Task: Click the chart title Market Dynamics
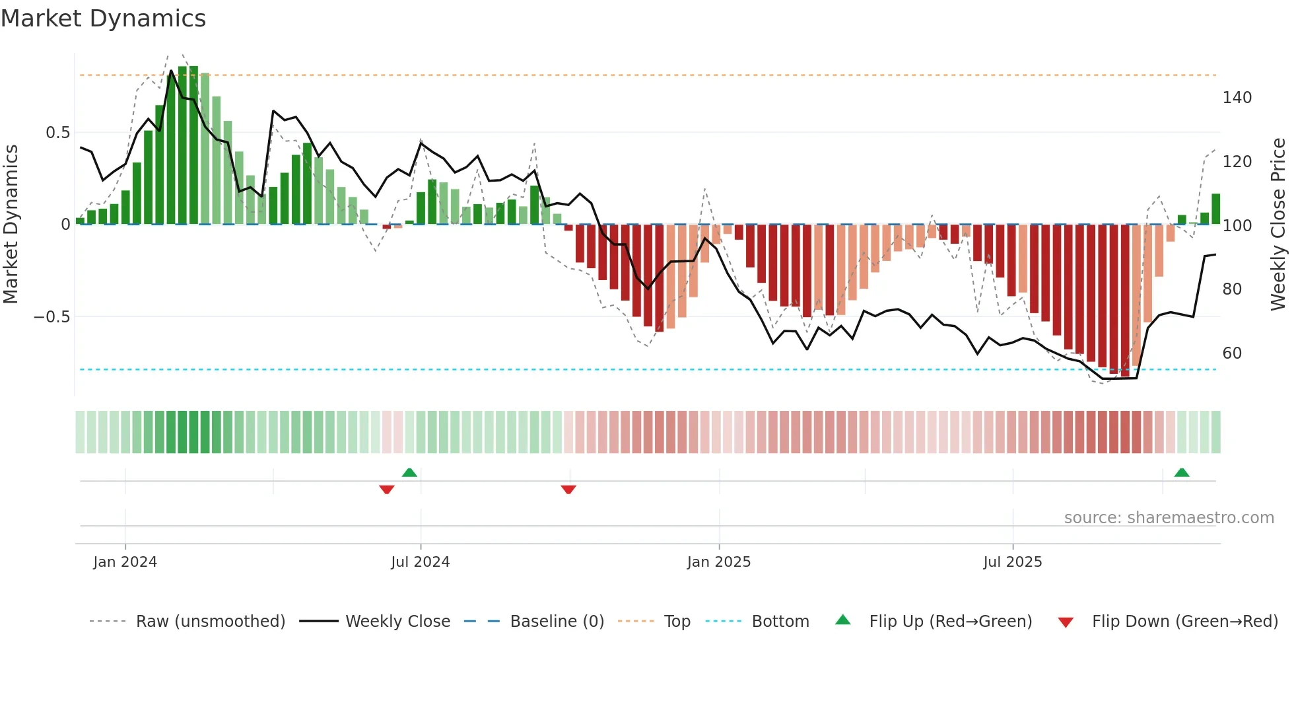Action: (x=103, y=18)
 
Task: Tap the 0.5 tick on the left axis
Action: (x=57, y=133)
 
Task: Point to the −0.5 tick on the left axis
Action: (x=51, y=317)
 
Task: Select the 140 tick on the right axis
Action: (x=1237, y=98)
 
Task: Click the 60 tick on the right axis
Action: (x=1232, y=353)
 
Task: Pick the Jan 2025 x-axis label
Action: (x=718, y=562)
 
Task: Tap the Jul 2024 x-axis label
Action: (x=420, y=562)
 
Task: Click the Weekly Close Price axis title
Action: (x=1278, y=225)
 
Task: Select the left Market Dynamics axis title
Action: (x=11, y=225)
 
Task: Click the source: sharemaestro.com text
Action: (x=1169, y=518)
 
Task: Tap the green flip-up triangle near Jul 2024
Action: (x=409, y=472)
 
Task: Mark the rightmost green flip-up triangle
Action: (x=1182, y=472)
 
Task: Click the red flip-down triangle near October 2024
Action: (x=568, y=490)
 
